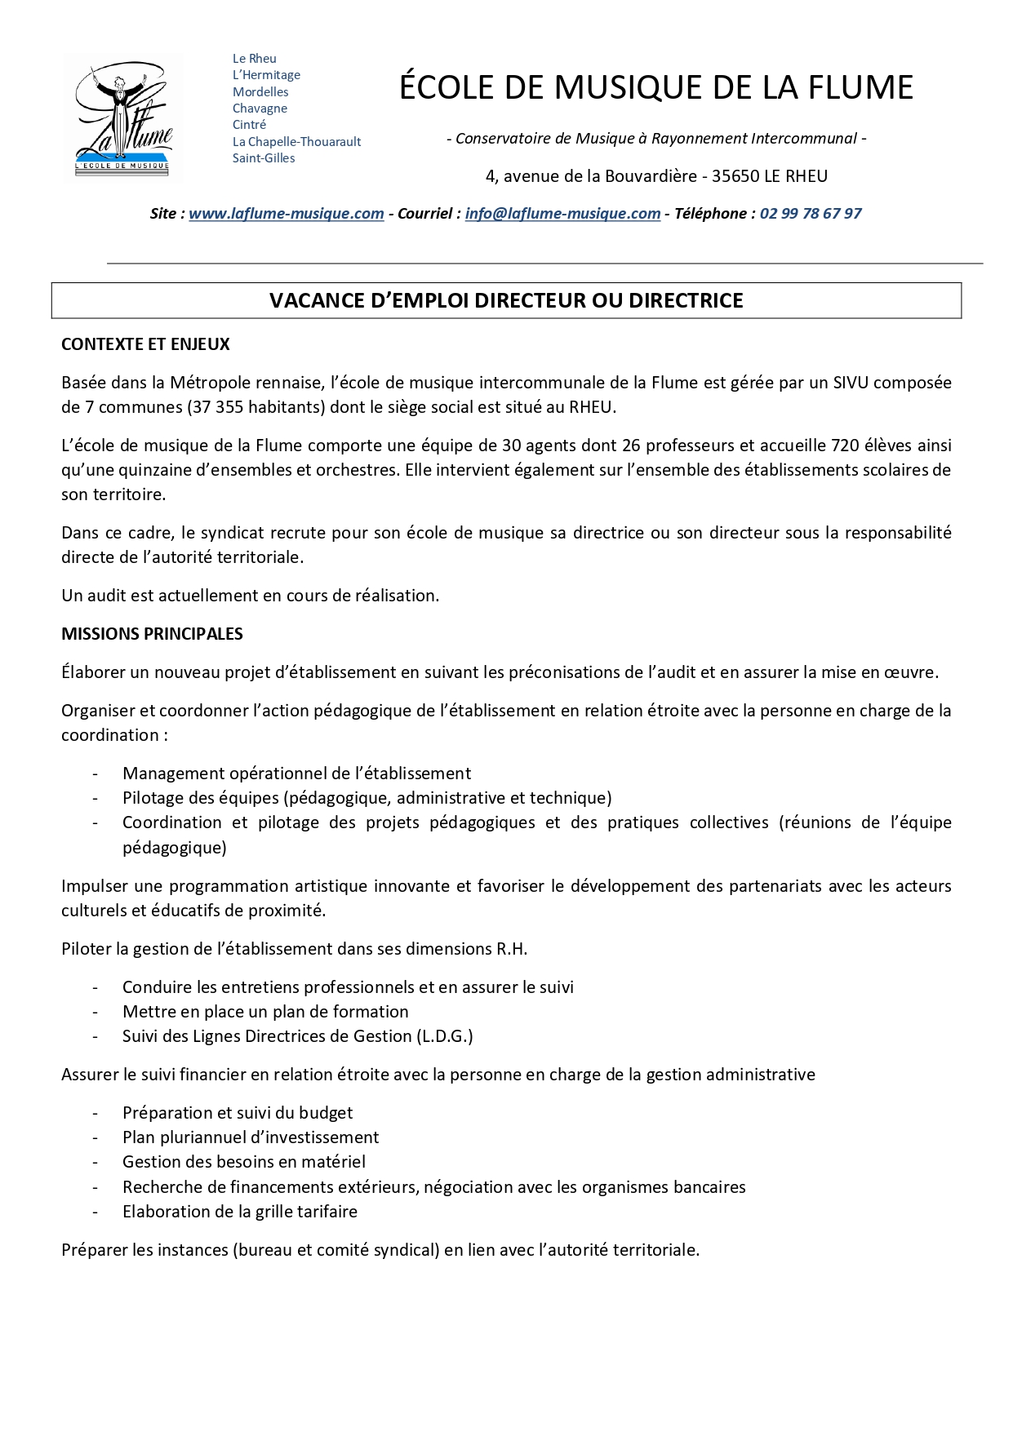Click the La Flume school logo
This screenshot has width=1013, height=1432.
[123, 116]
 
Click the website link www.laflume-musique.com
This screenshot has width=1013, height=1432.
[286, 214]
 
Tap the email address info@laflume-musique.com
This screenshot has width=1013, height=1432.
[562, 214]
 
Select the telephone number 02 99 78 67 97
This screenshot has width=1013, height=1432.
[811, 214]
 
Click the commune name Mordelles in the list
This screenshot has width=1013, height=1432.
[260, 92]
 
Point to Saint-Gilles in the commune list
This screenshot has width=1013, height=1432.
[264, 158]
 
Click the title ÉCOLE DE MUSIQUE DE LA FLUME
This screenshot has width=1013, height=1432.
[655, 87]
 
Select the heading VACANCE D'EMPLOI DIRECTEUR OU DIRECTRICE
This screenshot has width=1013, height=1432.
[506, 300]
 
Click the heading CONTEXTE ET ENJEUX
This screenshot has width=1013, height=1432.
[145, 344]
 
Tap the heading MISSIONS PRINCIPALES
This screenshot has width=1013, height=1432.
[152, 634]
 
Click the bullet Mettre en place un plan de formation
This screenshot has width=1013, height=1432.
[265, 1012]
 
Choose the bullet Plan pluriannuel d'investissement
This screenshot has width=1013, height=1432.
[251, 1137]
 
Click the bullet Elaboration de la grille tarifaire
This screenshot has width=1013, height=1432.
[240, 1212]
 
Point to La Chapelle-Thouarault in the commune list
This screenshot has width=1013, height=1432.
[296, 142]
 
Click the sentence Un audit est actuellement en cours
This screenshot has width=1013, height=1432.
[250, 596]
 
